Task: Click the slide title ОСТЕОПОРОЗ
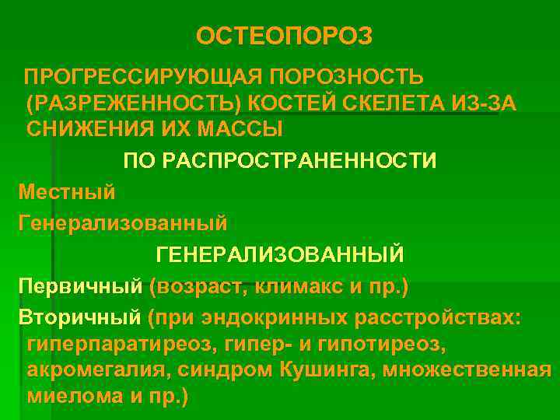[x=285, y=37]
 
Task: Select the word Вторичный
[x=80, y=318]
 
